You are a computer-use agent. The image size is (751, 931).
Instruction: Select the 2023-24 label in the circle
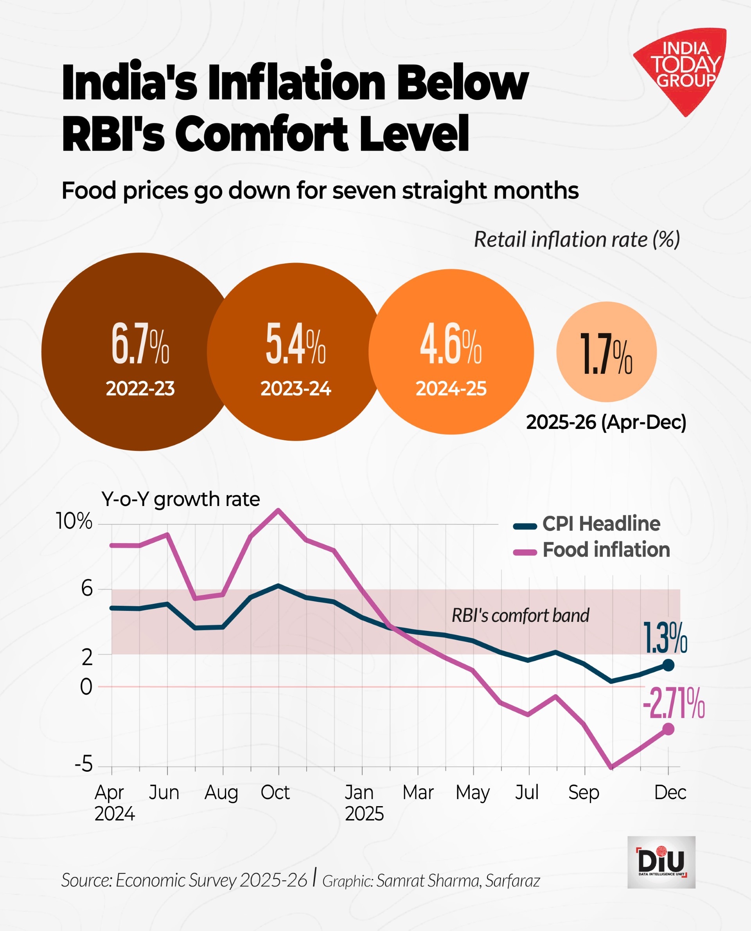point(295,389)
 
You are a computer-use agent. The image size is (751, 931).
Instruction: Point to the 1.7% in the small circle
point(605,353)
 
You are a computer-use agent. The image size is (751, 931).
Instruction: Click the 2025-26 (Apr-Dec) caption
point(605,422)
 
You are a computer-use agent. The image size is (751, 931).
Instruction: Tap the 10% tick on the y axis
point(74,521)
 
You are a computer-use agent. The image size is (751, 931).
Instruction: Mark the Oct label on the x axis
point(275,793)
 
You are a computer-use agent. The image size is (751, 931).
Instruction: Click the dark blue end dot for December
point(668,665)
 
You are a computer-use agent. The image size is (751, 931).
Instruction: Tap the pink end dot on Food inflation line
point(668,729)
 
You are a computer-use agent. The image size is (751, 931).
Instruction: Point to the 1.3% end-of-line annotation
point(665,638)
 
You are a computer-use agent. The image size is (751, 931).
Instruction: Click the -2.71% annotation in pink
point(673,703)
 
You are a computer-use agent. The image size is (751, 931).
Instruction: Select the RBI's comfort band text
point(520,616)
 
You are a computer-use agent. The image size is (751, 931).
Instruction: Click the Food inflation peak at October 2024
point(278,510)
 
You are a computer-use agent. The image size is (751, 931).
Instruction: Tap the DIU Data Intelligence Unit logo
point(661,862)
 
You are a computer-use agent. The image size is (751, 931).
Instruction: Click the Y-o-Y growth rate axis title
point(180,499)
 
